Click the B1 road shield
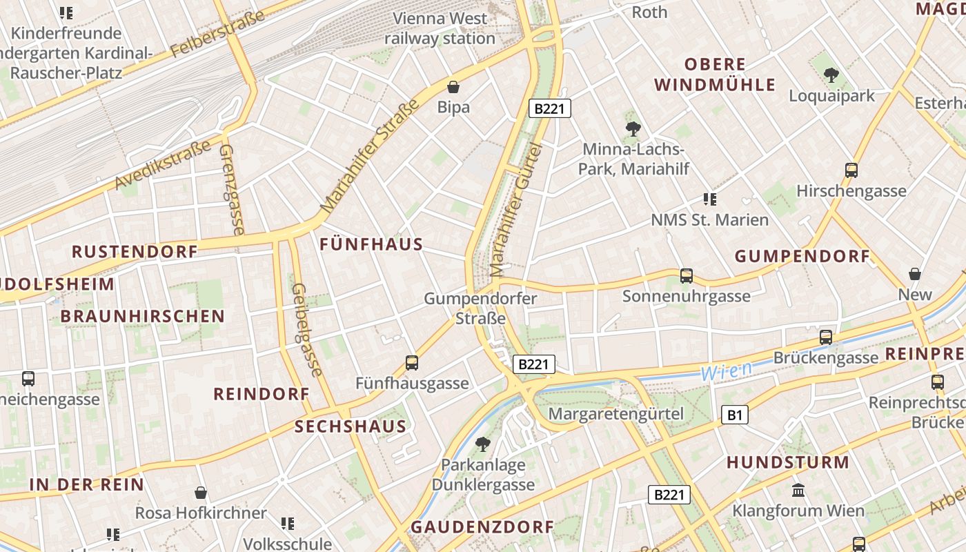tap(735, 415)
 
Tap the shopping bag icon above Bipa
tap(453, 87)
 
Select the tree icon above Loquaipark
tap(831, 75)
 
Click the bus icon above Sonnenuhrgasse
tap(686, 276)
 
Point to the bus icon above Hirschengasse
tap(851, 170)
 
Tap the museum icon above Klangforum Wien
tap(798, 491)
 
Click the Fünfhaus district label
tap(371, 244)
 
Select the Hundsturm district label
tap(787, 462)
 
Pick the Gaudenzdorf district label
tap(482, 527)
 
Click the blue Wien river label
tap(726, 371)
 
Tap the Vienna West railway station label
tap(440, 28)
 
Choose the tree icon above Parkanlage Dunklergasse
tap(483, 444)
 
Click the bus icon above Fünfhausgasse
tap(412, 362)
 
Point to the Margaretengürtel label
tap(615, 414)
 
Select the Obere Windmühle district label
tap(715, 75)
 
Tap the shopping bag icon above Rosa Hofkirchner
tap(201, 493)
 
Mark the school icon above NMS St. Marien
tap(709, 199)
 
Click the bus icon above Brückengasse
tap(825, 337)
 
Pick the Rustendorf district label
tap(135, 251)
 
